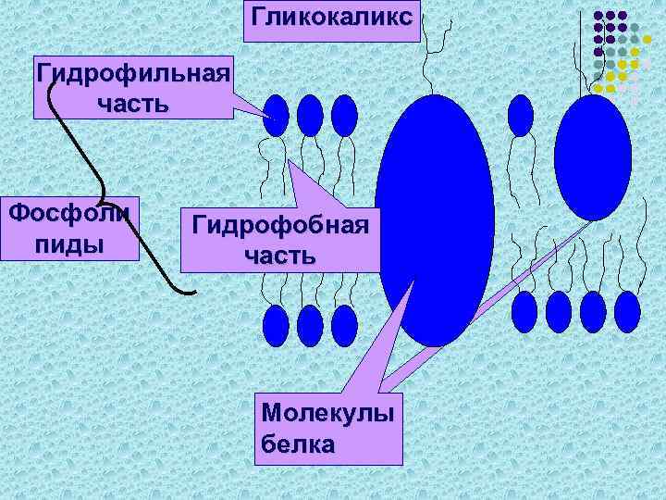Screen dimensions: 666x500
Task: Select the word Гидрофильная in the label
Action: (x=132, y=73)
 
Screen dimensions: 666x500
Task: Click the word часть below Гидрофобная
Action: (x=279, y=255)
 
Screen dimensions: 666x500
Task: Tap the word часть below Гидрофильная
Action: (x=132, y=103)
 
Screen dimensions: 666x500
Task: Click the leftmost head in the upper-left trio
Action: (x=277, y=116)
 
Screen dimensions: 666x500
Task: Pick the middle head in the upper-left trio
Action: (x=310, y=116)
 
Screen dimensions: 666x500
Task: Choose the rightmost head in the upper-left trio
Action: (x=343, y=116)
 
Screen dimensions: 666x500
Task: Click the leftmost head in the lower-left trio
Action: (x=277, y=325)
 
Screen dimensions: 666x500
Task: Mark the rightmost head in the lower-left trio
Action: (x=343, y=325)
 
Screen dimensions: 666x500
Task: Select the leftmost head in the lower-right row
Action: (x=524, y=312)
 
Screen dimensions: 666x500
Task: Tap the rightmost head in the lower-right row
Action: (x=627, y=312)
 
